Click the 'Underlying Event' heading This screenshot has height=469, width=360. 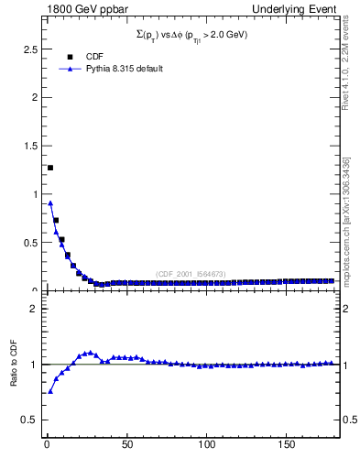[302, 8]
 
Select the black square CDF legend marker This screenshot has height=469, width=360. [70, 57]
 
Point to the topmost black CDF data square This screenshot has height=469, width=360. [50, 168]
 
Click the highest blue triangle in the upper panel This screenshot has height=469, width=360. [50, 203]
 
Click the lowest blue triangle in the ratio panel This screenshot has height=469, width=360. [50, 391]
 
